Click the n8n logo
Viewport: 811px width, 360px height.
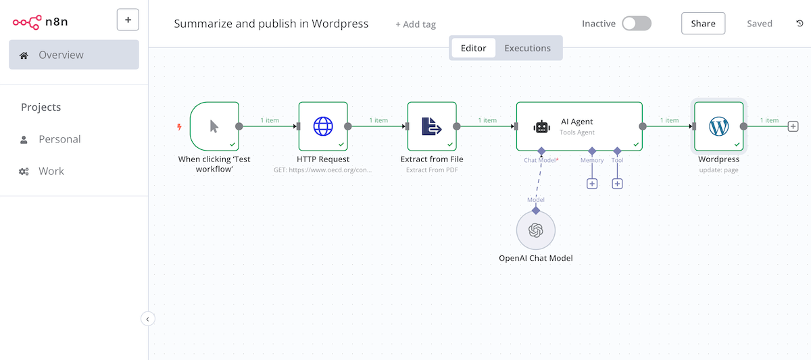(x=40, y=21)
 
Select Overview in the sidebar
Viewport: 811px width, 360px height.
(x=74, y=55)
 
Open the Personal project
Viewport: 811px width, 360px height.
(x=59, y=139)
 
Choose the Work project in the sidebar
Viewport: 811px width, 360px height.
(x=51, y=171)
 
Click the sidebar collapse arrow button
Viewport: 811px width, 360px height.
(x=148, y=319)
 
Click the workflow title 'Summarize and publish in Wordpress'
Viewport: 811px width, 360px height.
(x=271, y=24)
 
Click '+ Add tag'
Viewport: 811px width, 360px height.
(x=416, y=24)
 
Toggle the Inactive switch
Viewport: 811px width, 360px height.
(x=636, y=24)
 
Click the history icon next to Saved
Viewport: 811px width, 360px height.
(x=800, y=24)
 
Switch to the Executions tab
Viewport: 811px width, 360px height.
(x=527, y=48)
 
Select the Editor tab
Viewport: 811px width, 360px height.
(x=473, y=48)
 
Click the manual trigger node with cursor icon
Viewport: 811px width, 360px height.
(x=214, y=126)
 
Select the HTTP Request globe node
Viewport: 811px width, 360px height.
(x=323, y=126)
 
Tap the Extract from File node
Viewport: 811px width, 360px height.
(x=432, y=126)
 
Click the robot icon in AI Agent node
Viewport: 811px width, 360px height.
(x=541, y=126)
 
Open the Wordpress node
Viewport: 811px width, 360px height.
(x=718, y=126)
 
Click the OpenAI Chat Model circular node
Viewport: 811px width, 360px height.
(x=536, y=230)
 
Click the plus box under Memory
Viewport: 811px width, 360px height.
(x=592, y=184)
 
